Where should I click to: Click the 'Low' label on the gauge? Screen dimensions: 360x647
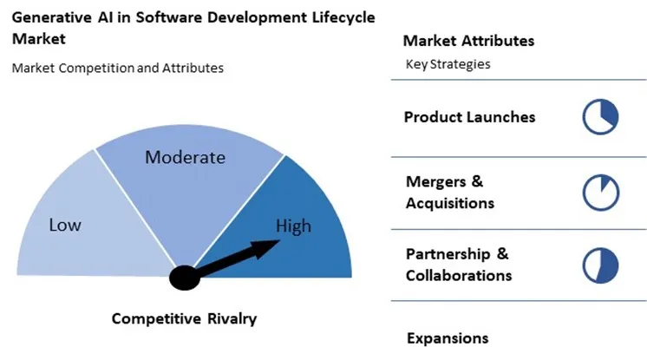click(65, 226)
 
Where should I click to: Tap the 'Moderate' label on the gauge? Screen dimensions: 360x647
click(185, 157)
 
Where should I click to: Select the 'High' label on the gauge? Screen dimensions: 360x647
click(293, 226)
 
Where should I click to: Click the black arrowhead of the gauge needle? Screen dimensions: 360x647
click(267, 246)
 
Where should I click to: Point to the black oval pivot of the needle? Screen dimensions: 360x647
click(186, 277)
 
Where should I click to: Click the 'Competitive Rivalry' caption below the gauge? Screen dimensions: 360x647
click(184, 318)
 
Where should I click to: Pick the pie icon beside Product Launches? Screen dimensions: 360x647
click(600, 116)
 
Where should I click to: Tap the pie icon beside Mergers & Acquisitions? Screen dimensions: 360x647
click(600, 193)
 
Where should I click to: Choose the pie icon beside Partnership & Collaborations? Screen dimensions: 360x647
click(600, 265)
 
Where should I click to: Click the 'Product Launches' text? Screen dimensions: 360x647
click(469, 116)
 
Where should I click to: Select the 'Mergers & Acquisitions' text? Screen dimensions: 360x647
click(449, 193)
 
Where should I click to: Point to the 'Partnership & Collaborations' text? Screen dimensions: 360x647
click(458, 265)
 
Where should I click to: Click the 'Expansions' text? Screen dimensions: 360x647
click(448, 338)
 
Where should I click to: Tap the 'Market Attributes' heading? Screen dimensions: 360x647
click(468, 41)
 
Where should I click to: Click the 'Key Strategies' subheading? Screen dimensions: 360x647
click(448, 64)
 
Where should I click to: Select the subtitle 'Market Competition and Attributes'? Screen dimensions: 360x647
click(117, 68)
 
